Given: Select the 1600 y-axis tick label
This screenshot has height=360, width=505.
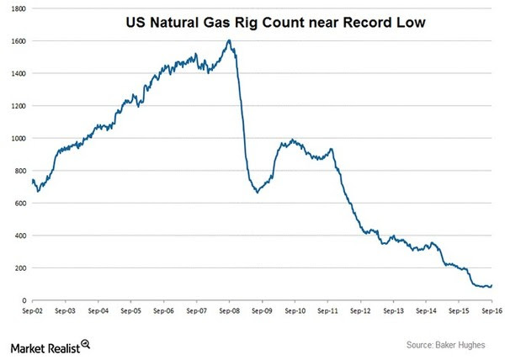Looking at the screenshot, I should tap(17, 40).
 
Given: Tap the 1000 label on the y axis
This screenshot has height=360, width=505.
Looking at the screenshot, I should tap(17, 138).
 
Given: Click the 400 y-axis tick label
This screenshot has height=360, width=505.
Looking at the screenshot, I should tap(19, 236).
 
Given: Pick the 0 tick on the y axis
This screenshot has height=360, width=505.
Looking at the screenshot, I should tap(23, 300).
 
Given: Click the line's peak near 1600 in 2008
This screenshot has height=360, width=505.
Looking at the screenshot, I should tap(229, 40).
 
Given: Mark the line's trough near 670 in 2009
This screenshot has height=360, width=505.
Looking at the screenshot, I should tap(257, 192).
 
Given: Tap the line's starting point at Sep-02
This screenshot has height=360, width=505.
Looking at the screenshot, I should tap(32, 180).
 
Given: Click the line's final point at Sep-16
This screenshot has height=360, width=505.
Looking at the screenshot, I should tap(492, 285).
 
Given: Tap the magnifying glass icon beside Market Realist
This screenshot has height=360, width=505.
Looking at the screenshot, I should tap(86, 344).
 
